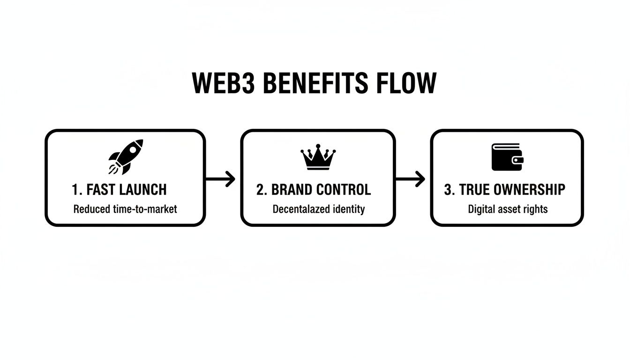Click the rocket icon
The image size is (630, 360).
coord(126,157)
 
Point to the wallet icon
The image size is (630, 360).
coord(507,157)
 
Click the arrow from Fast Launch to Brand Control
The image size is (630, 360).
coord(220,179)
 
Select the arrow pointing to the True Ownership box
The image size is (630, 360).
coord(411,179)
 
